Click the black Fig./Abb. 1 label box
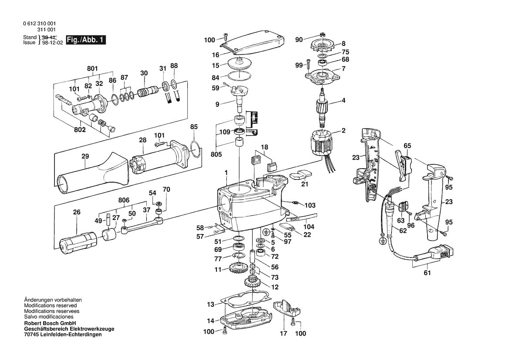(x=85, y=40)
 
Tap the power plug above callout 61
(x=440, y=254)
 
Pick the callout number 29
(x=85, y=156)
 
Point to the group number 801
(x=92, y=68)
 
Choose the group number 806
(x=124, y=200)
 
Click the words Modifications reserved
(x=51, y=306)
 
